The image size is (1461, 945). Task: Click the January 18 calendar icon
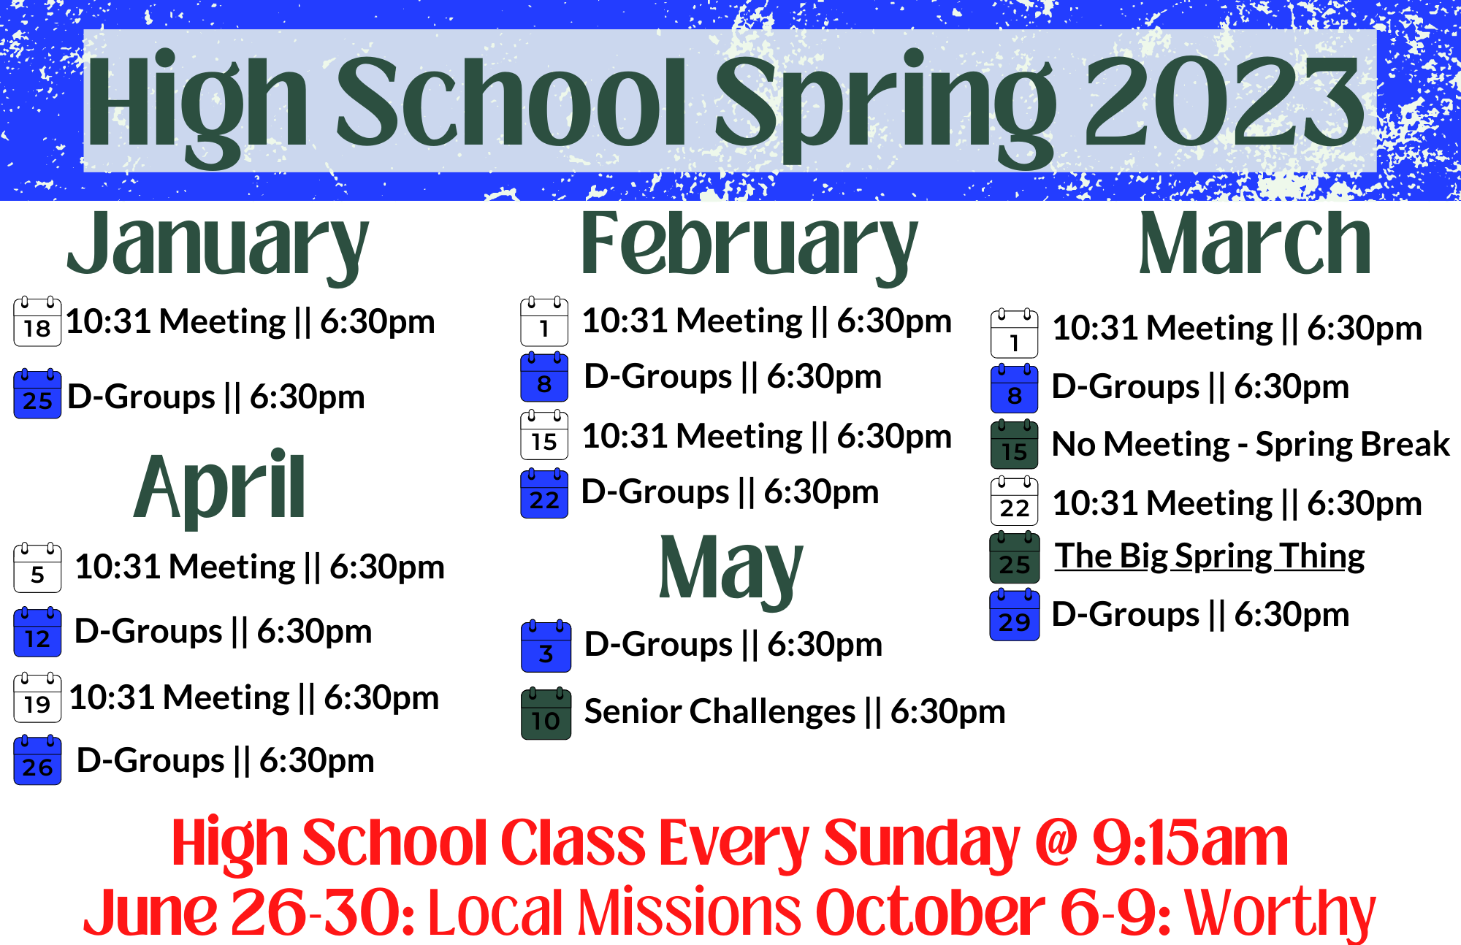[37, 321]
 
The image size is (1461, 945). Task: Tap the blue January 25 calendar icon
[37, 394]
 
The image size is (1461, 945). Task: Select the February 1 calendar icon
[544, 321]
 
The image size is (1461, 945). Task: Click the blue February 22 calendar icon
[544, 493]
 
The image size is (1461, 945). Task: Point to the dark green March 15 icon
[1015, 444]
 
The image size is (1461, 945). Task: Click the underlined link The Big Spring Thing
[1210, 556]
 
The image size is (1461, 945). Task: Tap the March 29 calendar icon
[1015, 615]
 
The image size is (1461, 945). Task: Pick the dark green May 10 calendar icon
[546, 713]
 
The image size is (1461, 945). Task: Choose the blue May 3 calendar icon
[546, 646]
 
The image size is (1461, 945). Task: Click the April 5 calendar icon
[37, 567]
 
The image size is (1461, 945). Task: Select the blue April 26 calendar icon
[37, 760]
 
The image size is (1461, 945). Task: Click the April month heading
[219, 488]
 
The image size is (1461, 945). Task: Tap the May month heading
[730, 571]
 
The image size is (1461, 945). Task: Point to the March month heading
[1255, 244]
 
